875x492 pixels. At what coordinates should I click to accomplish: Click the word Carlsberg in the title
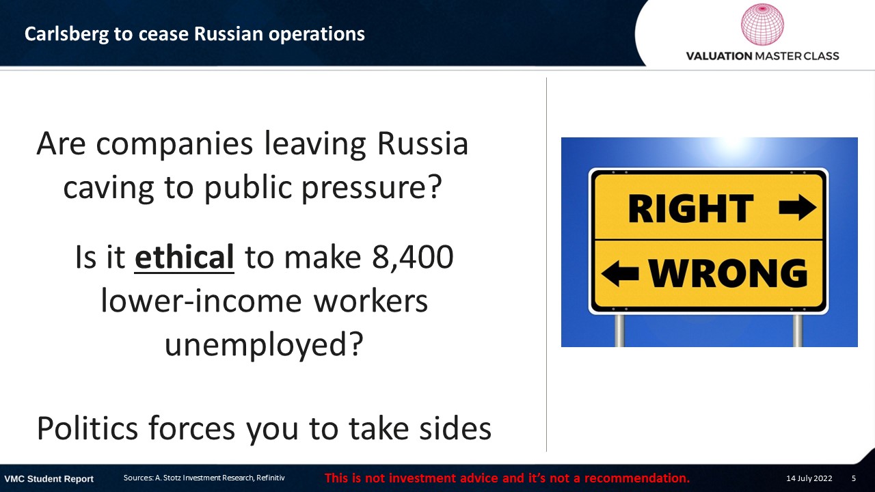click(67, 34)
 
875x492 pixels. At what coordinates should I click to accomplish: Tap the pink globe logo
click(762, 24)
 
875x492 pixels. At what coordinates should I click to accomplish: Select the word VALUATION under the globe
click(719, 56)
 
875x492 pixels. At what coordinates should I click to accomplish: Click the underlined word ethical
click(184, 258)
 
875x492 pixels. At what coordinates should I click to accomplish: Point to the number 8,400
click(412, 258)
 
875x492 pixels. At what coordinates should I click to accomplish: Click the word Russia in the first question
click(422, 143)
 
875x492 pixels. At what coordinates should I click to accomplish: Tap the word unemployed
click(265, 344)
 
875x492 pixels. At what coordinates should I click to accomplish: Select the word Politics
click(87, 428)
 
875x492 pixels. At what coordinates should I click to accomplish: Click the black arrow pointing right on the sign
click(797, 207)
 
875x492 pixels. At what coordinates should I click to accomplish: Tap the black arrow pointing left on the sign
click(620, 273)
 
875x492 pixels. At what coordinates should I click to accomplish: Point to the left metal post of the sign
click(619, 330)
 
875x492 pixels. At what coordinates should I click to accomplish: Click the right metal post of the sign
click(798, 330)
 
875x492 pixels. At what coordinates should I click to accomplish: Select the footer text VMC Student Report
click(49, 479)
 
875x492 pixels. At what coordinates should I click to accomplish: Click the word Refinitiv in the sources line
click(270, 478)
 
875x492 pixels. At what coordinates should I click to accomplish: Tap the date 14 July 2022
click(809, 478)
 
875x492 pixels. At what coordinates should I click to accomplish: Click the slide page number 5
click(854, 478)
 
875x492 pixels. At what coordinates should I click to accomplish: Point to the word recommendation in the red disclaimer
click(636, 478)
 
